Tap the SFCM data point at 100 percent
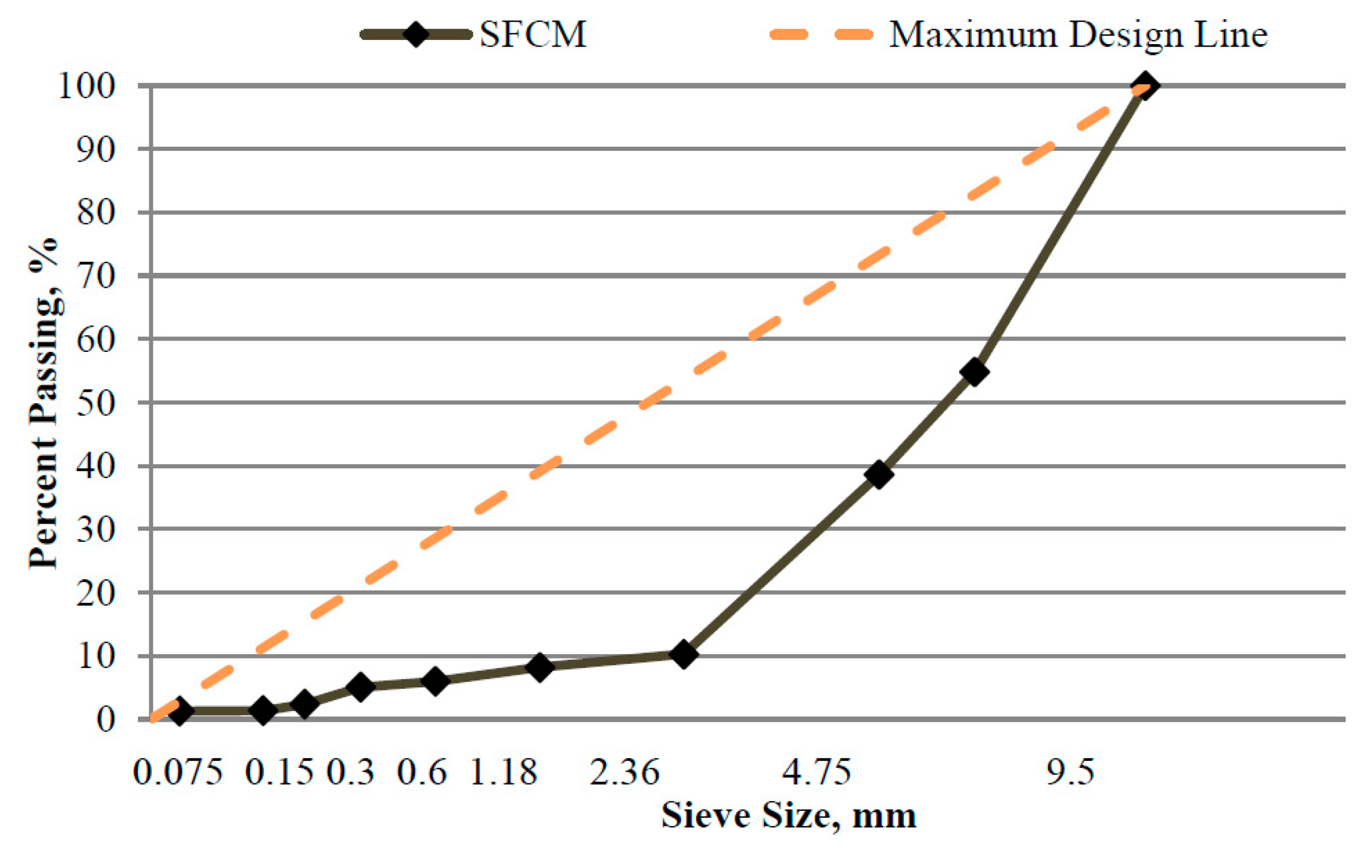click(1144, 85)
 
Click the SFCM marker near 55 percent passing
click(974, 372)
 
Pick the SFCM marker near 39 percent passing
click(878, 475)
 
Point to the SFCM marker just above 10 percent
click(683, 654)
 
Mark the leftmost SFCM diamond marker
click(179, 712)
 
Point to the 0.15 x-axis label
click(278, 773)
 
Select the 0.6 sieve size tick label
click(421, 773)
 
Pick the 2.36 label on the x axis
click(624, 773)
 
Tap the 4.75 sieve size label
click(817, 773)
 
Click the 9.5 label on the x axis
click(1070, 773)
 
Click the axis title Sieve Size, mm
click(788, 817)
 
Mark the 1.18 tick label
click(503, 773)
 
